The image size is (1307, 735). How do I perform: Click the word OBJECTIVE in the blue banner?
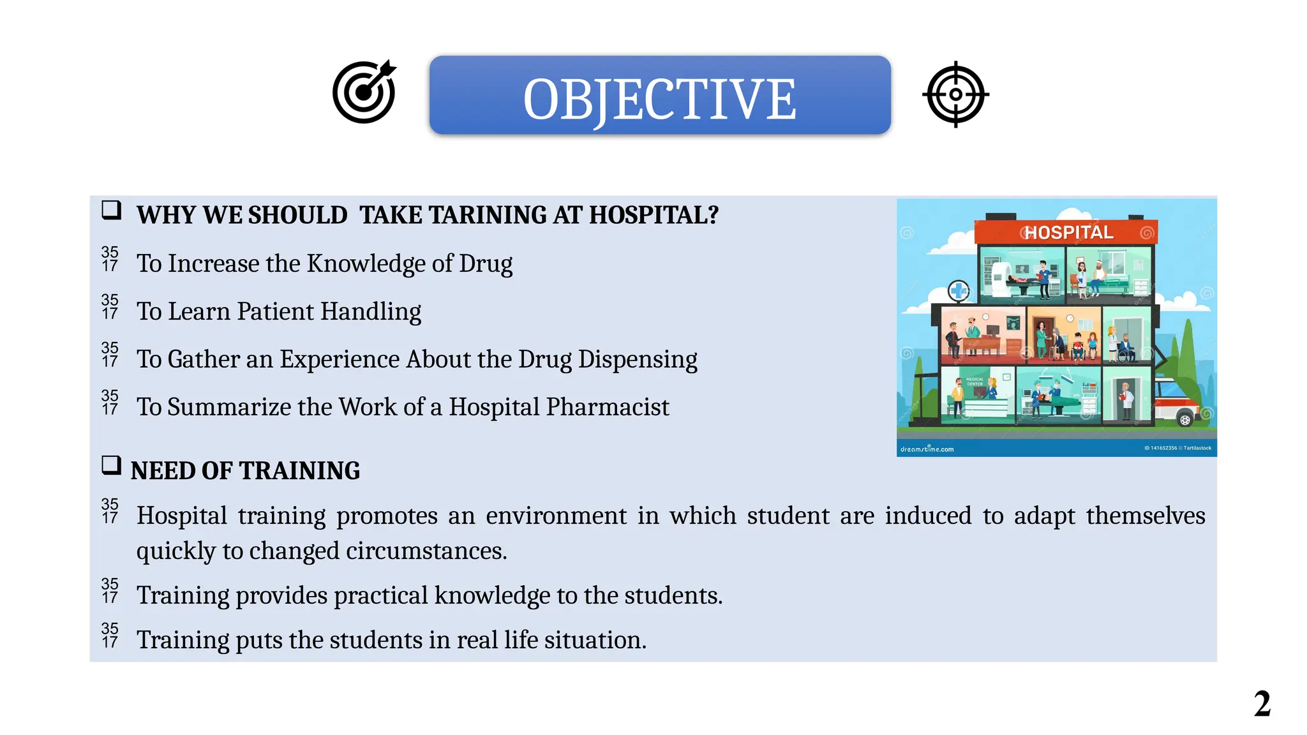pyautogui.click(x=659, y=99)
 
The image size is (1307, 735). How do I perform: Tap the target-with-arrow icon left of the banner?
pyautogui.click(x=364, y=93)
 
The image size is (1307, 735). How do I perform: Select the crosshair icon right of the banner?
pyautogui.click(x=955, y=94)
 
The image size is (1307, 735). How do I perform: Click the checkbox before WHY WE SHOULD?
pyautogui.click(x=112, y=210)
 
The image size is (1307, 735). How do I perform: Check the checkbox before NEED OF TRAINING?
pyautogui.click(x=112, y=465)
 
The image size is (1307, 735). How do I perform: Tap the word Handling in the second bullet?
pyautogui.click(x=370, y=311)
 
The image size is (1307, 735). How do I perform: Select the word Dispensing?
pyautogui.click(x=638, y=359)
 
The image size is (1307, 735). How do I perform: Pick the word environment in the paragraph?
pyautogui.click(x=556, y=516)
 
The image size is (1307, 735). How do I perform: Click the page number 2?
pyautogui.click(x=1262, y=704)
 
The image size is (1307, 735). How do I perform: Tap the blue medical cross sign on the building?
pyautogui.click(x=958, y=292)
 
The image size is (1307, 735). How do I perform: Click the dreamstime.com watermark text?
pyautogui.click(x=927, y=449)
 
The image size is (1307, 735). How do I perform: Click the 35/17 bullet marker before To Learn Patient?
pyautogui.click(x=110, y=307)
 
